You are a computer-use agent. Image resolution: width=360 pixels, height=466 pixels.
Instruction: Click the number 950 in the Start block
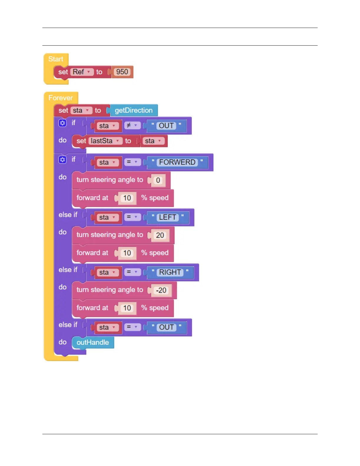coord(122,72)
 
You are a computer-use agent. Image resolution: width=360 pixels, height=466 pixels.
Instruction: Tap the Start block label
coord(56,59)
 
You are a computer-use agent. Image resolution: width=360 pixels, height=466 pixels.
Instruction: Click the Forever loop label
coord(60,98)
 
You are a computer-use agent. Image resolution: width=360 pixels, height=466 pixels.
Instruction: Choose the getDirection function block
coord(134,111)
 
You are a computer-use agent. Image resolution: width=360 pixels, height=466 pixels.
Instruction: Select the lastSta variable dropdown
coord(105,141)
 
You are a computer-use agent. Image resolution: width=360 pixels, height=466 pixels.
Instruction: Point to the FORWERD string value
coord(177,162)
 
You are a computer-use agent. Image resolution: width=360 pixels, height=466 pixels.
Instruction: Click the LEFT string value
coord(167,217)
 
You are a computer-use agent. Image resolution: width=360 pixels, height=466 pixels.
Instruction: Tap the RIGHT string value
coord(170,272)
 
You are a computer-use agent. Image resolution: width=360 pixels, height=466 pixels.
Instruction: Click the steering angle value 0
coord(158,180)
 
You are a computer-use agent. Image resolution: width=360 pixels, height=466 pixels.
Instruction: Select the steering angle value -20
coord(161,290)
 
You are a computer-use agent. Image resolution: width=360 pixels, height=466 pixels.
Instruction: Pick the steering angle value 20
coord(160,235)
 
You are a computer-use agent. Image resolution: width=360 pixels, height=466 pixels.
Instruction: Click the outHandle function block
coord(93,342)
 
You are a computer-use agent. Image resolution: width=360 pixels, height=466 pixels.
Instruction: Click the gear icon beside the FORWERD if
coord(62,159)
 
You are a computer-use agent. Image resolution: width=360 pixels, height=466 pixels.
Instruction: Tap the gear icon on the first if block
coord(62,123)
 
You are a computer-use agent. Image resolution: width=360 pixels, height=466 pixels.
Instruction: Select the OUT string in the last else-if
coord(166,327)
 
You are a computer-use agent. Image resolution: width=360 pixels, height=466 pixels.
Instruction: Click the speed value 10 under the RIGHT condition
coord(127,308)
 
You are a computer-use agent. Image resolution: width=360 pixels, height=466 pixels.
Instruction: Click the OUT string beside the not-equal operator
coord(166,126)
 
